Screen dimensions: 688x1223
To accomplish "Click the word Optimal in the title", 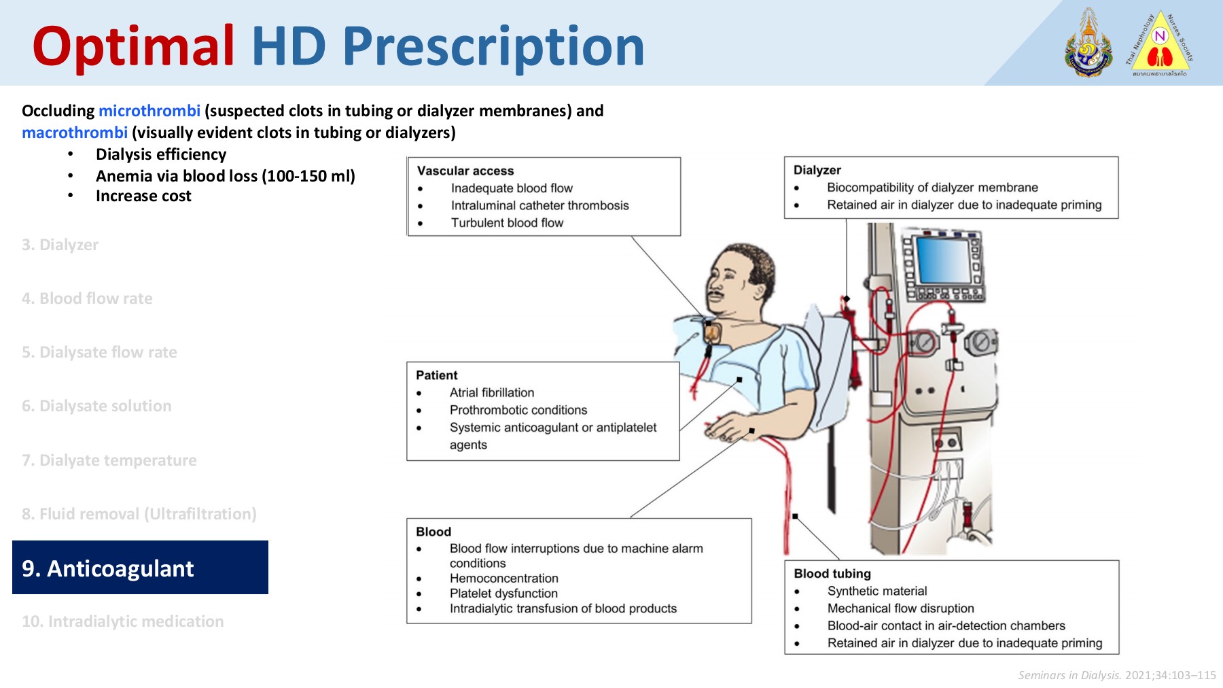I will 134,46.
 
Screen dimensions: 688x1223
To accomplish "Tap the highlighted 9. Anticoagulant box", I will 140,568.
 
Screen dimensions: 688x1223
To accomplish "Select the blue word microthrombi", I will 149,111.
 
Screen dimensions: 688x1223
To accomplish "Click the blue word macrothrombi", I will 75,133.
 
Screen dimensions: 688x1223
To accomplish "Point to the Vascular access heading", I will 465,171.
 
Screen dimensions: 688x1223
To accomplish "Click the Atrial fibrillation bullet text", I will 492,392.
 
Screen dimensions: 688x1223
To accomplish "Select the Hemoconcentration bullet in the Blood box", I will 503,578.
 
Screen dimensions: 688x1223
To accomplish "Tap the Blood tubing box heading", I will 832,573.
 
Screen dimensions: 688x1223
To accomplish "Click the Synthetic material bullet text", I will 877,591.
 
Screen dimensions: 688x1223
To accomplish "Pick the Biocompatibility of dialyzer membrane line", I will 932,187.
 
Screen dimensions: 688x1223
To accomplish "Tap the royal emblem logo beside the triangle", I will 1088,44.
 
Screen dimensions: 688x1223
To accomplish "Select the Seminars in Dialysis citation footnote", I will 1116,675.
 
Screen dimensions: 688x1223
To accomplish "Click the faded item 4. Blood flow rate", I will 87,298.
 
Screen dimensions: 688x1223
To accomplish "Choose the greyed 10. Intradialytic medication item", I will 122,621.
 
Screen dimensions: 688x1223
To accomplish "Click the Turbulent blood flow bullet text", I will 507,222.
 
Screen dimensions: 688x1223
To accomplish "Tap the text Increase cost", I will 143,196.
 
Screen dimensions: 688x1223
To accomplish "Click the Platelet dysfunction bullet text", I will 503,593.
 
